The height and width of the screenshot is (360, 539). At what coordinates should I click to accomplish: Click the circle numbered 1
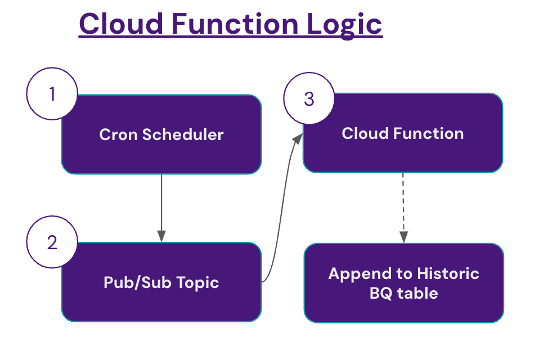pyautogui.click(x=52, y=93)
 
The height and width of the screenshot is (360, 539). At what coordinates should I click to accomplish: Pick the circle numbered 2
pyautogui.click(x=52, y=242)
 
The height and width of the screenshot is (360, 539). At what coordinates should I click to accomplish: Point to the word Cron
pyautogui.click(x=118, y=135)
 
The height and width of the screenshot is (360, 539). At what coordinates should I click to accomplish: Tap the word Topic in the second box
pyautogui.click(x=197, y=282)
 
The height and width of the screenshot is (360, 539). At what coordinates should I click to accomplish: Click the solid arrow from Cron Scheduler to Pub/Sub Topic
pyautogui.click(x=161, y=208)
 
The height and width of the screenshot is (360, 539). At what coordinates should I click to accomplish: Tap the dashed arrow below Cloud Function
pyautogui.click(x=403, y=208)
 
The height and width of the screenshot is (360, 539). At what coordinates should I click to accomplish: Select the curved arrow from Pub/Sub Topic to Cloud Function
pyautogui.click(x=281, y=208)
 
